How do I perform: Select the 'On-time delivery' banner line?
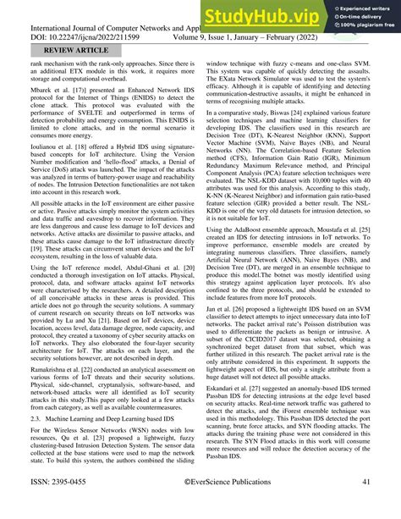(357, 17)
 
